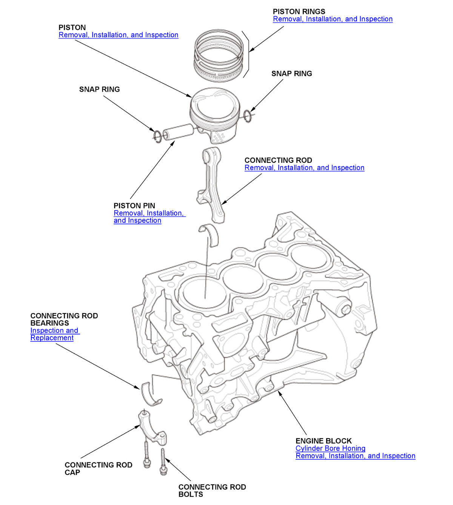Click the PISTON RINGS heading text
[299, 12]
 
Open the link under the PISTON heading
[118, 35]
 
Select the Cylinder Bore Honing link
[330, 448]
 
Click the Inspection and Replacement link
[54, 334]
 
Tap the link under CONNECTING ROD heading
[304, 168]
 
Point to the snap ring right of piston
[247, 116]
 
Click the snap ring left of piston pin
[158, 136]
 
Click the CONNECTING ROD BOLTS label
[212, 491]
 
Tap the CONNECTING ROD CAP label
[98, 468]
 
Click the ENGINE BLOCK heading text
[323, 441]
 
